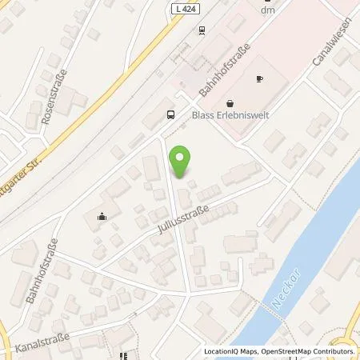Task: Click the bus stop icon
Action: point(170,114)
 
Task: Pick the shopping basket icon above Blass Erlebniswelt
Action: point(230,102)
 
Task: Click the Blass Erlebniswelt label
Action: point(235,113)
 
